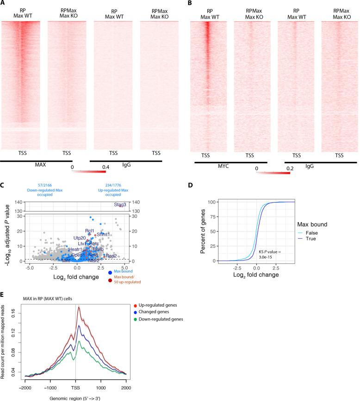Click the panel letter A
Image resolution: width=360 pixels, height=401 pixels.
tap(3, 4)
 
